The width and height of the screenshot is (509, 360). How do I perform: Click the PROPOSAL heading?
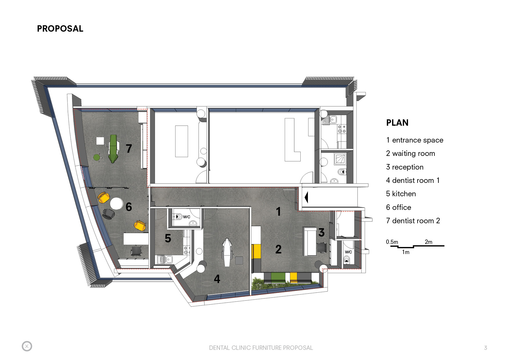pyautogui.click(x=60, y=28)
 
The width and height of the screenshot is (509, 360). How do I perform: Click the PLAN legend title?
pyautogui.click(x=397, y=123)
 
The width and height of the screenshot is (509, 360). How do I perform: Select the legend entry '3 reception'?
pyautogui.click(x=405, y=167)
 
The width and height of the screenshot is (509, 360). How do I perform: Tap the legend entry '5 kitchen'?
pyautogui.click(x=401, y=194)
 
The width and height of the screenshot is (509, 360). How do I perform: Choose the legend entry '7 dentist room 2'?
pyautogui.click(x=413, y=221)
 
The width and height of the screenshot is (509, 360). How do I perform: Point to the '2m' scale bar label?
pyautogui.click(x=428, y=242)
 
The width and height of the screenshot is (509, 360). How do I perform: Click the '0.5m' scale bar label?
pyautogui.click(x=392, y=242)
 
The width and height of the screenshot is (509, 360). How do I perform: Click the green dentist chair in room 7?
pyautogui.click(x=113, y=149)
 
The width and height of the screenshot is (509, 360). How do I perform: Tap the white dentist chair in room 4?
pyautogui.click(x=227, y=252)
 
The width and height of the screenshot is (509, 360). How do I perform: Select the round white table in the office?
pyautogui.click(x=116, y=203)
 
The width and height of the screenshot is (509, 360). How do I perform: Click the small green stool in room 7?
pyautogui.click(x=97, y=157)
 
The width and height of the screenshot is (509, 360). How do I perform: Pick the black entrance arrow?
pyautogui.click(x=306, y=197)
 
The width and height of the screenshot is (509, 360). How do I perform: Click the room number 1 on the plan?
pyautogui.click(x=279, y=212)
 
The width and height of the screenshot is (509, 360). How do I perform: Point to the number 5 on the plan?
pyautogui.click(x=168, y=238)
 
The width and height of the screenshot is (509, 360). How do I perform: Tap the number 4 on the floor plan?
pyautogui.click(x=217, y=279)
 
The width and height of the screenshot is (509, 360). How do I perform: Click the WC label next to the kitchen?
pyautogui.click(x=187, y=217)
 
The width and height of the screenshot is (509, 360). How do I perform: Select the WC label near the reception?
pyautogui.click(x=348, y=252)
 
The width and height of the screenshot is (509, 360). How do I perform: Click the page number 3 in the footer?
pyautogui.click(x=485, y=348)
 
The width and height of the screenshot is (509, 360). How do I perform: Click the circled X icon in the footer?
pyautogui.click(x=27, y=346)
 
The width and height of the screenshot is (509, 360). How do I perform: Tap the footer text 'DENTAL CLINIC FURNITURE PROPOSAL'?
pyautogui.click(x=261, y=348)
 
